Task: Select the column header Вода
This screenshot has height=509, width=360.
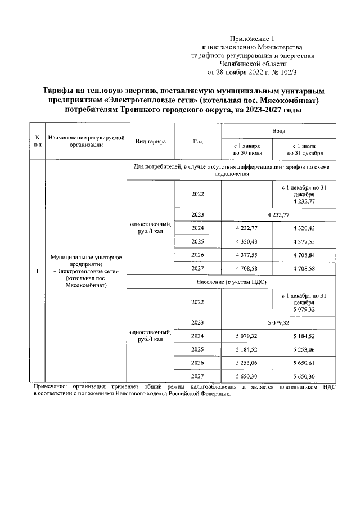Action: pyautogui.click(x=278, y=130)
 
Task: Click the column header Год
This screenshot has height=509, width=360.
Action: pyautogui.click(x=198, y=141)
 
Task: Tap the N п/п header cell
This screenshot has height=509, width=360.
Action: pyautogui.click(x=37, y=141)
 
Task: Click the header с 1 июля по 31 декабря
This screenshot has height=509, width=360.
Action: pyautogui.click(x=304, y=149)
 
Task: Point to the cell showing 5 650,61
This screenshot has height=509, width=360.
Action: pyautogui.click(x=304, y=362)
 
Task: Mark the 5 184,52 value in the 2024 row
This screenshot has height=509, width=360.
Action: pyautogui.click(x=304, y=336)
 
